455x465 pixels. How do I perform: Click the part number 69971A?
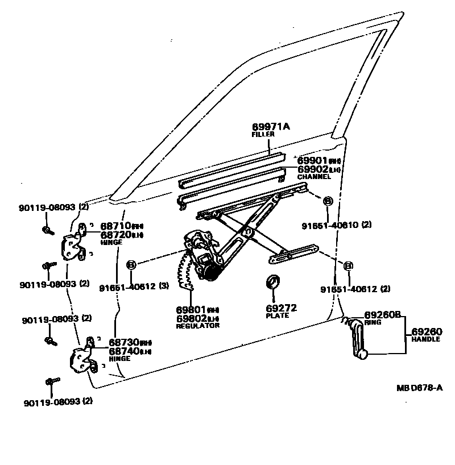(271, 126)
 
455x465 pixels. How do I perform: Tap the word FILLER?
(263, 134)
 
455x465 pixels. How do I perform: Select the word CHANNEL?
(314, 177)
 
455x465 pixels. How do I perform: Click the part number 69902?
(313, 169)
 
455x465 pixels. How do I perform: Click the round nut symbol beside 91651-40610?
(328, 201)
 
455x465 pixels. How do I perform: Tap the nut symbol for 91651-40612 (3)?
(130, 264)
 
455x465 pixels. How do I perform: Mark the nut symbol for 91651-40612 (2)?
(348, 265)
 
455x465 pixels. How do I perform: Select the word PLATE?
(277, 315)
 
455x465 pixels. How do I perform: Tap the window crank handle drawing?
(357, 338)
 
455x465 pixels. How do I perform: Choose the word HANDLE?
(426, 339)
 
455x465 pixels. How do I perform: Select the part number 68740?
(124, 351)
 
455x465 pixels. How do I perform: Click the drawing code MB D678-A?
(420, 388)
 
